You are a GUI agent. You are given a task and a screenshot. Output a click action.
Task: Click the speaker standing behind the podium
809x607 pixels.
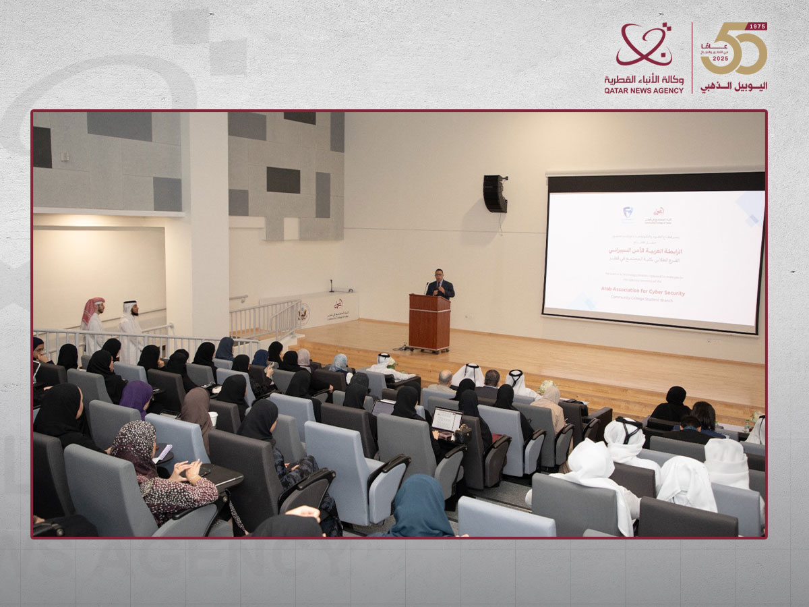click(x=440, y=284)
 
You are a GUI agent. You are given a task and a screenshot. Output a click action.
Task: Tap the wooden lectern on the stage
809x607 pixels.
click(x=429, y=322)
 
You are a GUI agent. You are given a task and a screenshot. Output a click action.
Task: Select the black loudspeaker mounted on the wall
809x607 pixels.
click(x=495, y=194)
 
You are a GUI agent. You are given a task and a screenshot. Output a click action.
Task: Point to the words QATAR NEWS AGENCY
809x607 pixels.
click(x=644, y=90)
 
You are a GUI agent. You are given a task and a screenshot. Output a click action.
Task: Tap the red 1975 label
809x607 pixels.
click(x=757, y=26)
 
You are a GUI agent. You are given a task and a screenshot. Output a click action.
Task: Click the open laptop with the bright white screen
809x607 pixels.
click(x=447, y=420)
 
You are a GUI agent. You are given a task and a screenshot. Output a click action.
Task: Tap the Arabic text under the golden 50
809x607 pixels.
click(x=733, y=86)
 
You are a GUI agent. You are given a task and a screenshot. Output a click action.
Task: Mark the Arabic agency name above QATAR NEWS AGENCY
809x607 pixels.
click(x=644, y=79)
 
